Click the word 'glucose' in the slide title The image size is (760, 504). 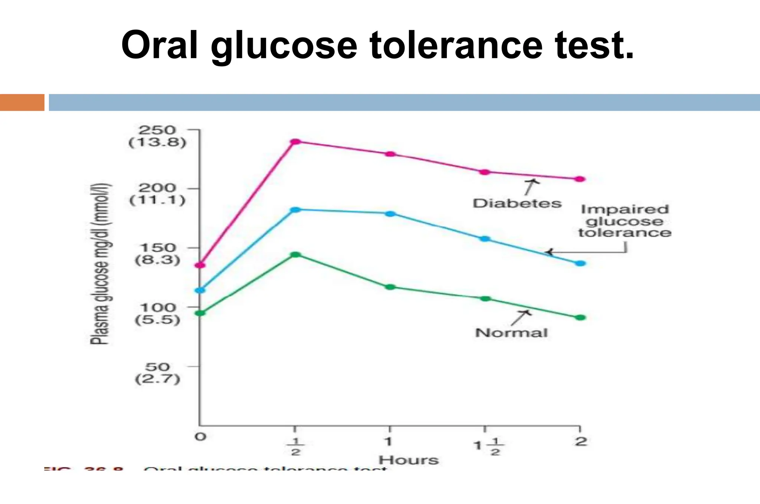click(284, 46)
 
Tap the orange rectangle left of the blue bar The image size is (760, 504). click(22, 102)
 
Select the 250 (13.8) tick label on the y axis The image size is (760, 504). click(157, 136)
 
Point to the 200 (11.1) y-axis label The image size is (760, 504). click(157, 194)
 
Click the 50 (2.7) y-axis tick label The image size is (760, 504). click(157, 373)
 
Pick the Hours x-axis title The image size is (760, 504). click(409, 460)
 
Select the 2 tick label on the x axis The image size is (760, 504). click(581, 441)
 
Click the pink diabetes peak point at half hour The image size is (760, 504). click(295, 142)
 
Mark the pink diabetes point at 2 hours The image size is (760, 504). click(580, 179)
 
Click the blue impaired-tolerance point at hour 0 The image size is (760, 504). click(200, 290)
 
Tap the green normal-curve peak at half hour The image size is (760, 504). click(296, 255)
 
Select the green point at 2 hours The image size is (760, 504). click(580, 318)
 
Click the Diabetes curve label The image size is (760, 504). click(517, 203)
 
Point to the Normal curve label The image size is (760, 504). click(511, 333)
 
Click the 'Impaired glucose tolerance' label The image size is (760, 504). click(625, 221)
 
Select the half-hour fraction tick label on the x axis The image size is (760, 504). click(295, 446)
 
